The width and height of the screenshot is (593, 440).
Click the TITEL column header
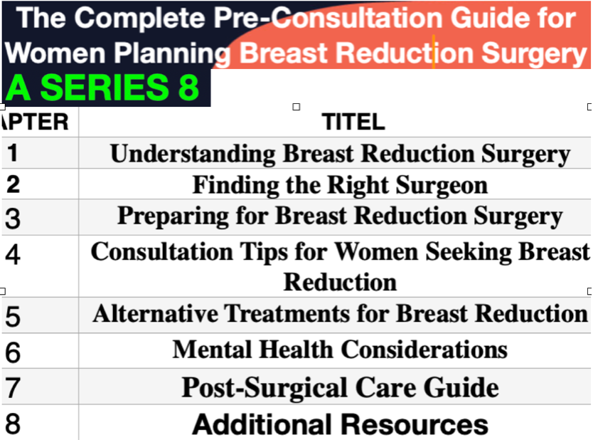[x=353, y=122]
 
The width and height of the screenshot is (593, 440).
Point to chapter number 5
[x=13, y=316]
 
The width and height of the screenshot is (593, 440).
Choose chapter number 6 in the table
[x=13, y=352]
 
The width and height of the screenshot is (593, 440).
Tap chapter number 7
[x=13, y=388]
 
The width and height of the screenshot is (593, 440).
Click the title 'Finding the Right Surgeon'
[x=340, y=185]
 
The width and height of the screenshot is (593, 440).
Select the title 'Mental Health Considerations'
[x=340, y=349]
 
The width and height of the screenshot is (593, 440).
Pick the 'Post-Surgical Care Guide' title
[x=340, y=388]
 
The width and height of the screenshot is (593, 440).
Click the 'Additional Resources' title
[x=341, y=424]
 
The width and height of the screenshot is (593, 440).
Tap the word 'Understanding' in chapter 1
[x=193, y=154]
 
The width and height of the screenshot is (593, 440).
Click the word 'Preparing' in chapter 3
[x=173, y=216]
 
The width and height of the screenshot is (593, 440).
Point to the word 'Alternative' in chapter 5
[x=156, y=313]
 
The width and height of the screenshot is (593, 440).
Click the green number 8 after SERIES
[x=188, y=87]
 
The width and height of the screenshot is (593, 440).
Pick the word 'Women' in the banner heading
[x=55, y=53]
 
